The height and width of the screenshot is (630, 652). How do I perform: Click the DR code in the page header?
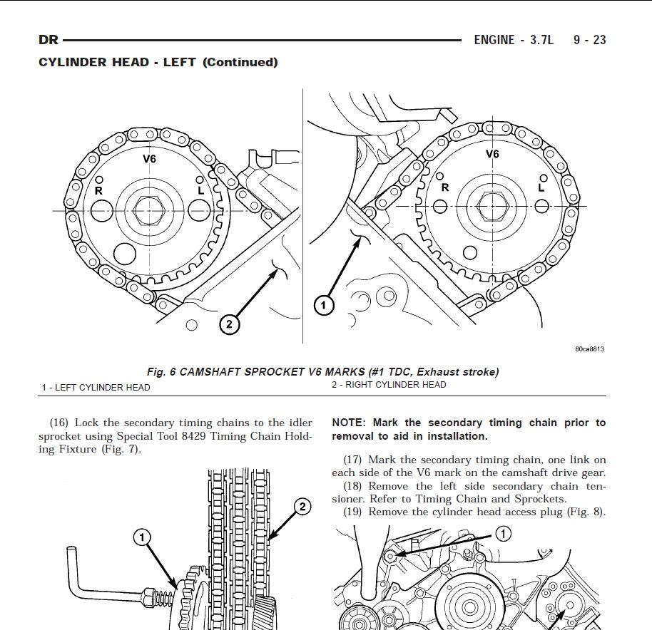(49, 40)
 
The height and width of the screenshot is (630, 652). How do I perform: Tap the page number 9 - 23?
(590, 40)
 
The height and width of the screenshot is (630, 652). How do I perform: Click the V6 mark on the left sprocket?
(149, 159)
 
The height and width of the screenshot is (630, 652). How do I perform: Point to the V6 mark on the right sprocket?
(492, 154)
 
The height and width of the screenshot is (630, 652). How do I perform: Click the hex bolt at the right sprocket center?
(493, 206)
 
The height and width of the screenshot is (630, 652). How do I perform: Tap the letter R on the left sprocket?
(98, 190)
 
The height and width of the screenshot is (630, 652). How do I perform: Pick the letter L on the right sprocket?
(541, 187)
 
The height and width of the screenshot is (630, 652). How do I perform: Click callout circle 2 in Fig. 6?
(230, 324)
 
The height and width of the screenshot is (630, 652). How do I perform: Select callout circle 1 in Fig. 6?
(324, 306)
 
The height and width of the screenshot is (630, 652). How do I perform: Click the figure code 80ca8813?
(590, 349)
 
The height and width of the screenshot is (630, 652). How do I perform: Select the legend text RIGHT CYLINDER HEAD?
(395, 385)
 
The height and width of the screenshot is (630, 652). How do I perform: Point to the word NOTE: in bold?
(349, 423)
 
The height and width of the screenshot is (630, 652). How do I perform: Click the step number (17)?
(352, 460)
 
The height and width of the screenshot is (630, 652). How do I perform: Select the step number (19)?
(352, 512)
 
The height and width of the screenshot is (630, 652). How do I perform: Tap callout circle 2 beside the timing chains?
(302, 507)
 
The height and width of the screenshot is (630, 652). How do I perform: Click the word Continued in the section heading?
(240, 62)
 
